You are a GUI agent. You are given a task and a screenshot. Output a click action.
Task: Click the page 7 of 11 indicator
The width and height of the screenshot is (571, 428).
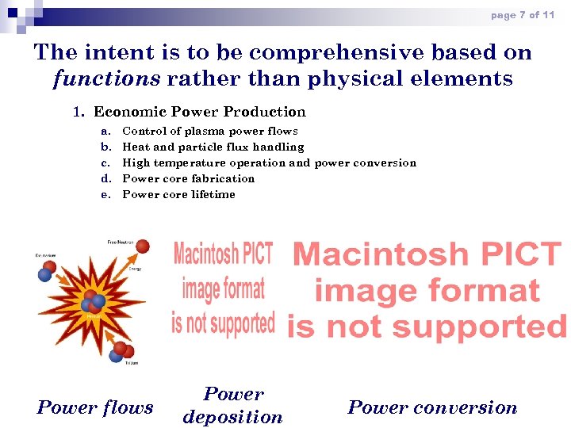(x=522, y=15)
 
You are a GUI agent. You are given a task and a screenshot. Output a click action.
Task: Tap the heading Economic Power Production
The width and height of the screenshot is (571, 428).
(x=199, y=112)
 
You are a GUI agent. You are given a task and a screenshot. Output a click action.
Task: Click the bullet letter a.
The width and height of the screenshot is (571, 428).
(x=106, y=131)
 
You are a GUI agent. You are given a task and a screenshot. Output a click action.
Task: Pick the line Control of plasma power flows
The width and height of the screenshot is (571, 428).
(x=210, y=131)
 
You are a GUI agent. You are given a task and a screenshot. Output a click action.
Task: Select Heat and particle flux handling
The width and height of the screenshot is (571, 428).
(x=213, y=147)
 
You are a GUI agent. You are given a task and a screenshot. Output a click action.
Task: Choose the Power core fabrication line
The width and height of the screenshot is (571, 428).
(x=189, y=178)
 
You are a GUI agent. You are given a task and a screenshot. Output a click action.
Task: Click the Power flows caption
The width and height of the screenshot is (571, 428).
(x=95, y=407)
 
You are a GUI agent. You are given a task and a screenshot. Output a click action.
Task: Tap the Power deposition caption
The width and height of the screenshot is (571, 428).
(x=232, y=405)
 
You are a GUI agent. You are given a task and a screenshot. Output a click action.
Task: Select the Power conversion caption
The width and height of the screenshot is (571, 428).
(x=432, y=407)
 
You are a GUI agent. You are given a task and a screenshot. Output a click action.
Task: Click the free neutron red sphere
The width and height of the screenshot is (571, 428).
(x=142, y=246)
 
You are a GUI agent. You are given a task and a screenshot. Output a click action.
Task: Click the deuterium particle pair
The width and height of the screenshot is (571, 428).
(x=48, y=271)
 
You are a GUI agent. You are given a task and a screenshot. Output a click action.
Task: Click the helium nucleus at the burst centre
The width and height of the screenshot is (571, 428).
(x=93, y=302)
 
